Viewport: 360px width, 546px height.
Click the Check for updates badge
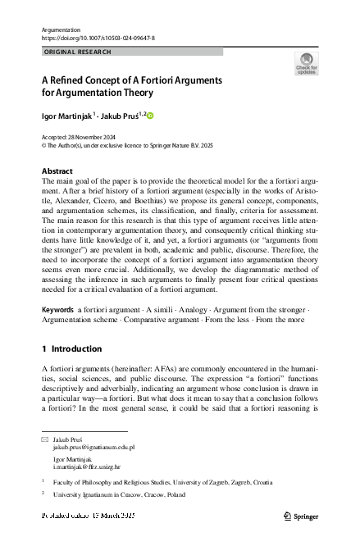306,64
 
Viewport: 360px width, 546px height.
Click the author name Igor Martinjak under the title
66,115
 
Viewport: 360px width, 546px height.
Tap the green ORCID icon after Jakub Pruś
150,116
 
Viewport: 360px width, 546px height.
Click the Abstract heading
57,171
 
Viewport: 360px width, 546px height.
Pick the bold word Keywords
57,308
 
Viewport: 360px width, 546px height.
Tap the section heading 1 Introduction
71,348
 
